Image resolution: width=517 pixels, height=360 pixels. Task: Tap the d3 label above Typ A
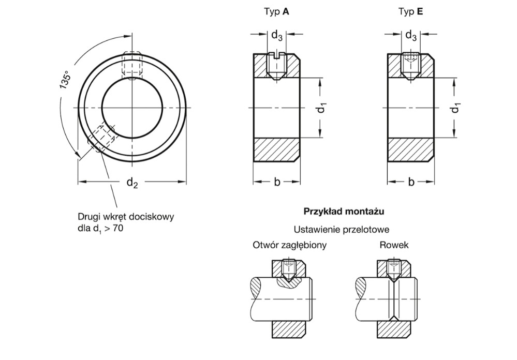(277, 36)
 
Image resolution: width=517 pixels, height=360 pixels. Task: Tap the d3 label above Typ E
(411, 36)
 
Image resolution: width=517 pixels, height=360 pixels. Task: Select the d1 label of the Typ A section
(321, 108)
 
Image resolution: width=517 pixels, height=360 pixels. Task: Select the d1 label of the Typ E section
(455, 108)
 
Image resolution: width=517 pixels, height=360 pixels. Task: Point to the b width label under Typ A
(277, 182)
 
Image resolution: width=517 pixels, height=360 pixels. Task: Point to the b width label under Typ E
(411, 182)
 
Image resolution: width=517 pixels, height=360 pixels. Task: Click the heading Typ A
(276, 11)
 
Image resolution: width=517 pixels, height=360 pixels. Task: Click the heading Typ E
(410, 11)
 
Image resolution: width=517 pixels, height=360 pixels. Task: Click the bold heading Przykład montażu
(344, 212)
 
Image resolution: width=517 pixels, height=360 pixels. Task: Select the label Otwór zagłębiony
(290, 245)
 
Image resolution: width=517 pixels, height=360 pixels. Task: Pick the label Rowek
(394, 245)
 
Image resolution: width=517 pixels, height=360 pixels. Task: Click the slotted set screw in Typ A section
(277, 66)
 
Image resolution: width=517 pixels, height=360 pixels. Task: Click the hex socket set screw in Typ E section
(411, 66)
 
